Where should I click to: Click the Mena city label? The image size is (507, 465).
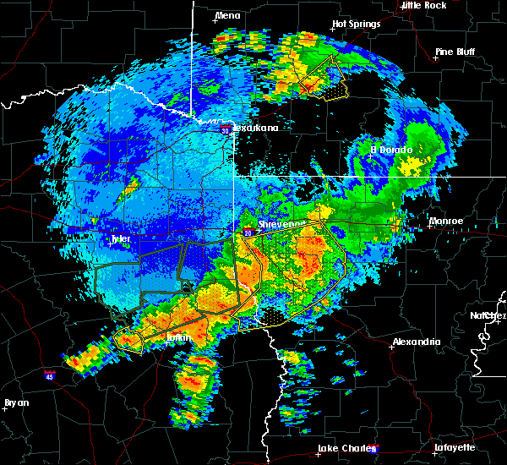pos(228,15)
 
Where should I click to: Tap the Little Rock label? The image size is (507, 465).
pos(423,5)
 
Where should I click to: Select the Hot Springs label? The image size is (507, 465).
pos(357,24)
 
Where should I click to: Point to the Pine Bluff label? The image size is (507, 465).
pos(455,52)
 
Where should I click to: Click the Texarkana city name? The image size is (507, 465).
pos(255,128)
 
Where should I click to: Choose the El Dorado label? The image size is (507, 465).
pos(391,150)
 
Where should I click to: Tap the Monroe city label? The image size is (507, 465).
pos(446,221)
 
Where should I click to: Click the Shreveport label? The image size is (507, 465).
pos(280,224)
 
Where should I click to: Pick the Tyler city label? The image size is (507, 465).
pos(122,239)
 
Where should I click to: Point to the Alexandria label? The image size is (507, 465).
pos(416,342)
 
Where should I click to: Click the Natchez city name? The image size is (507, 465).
pos(488,315)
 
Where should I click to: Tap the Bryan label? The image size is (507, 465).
pos(17,402)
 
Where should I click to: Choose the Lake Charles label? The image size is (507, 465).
pos(347,448)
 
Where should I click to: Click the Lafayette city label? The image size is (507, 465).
pos(455,447)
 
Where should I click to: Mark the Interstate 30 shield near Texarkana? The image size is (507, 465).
pos(226,130)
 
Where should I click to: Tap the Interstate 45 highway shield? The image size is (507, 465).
pos(50,373)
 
